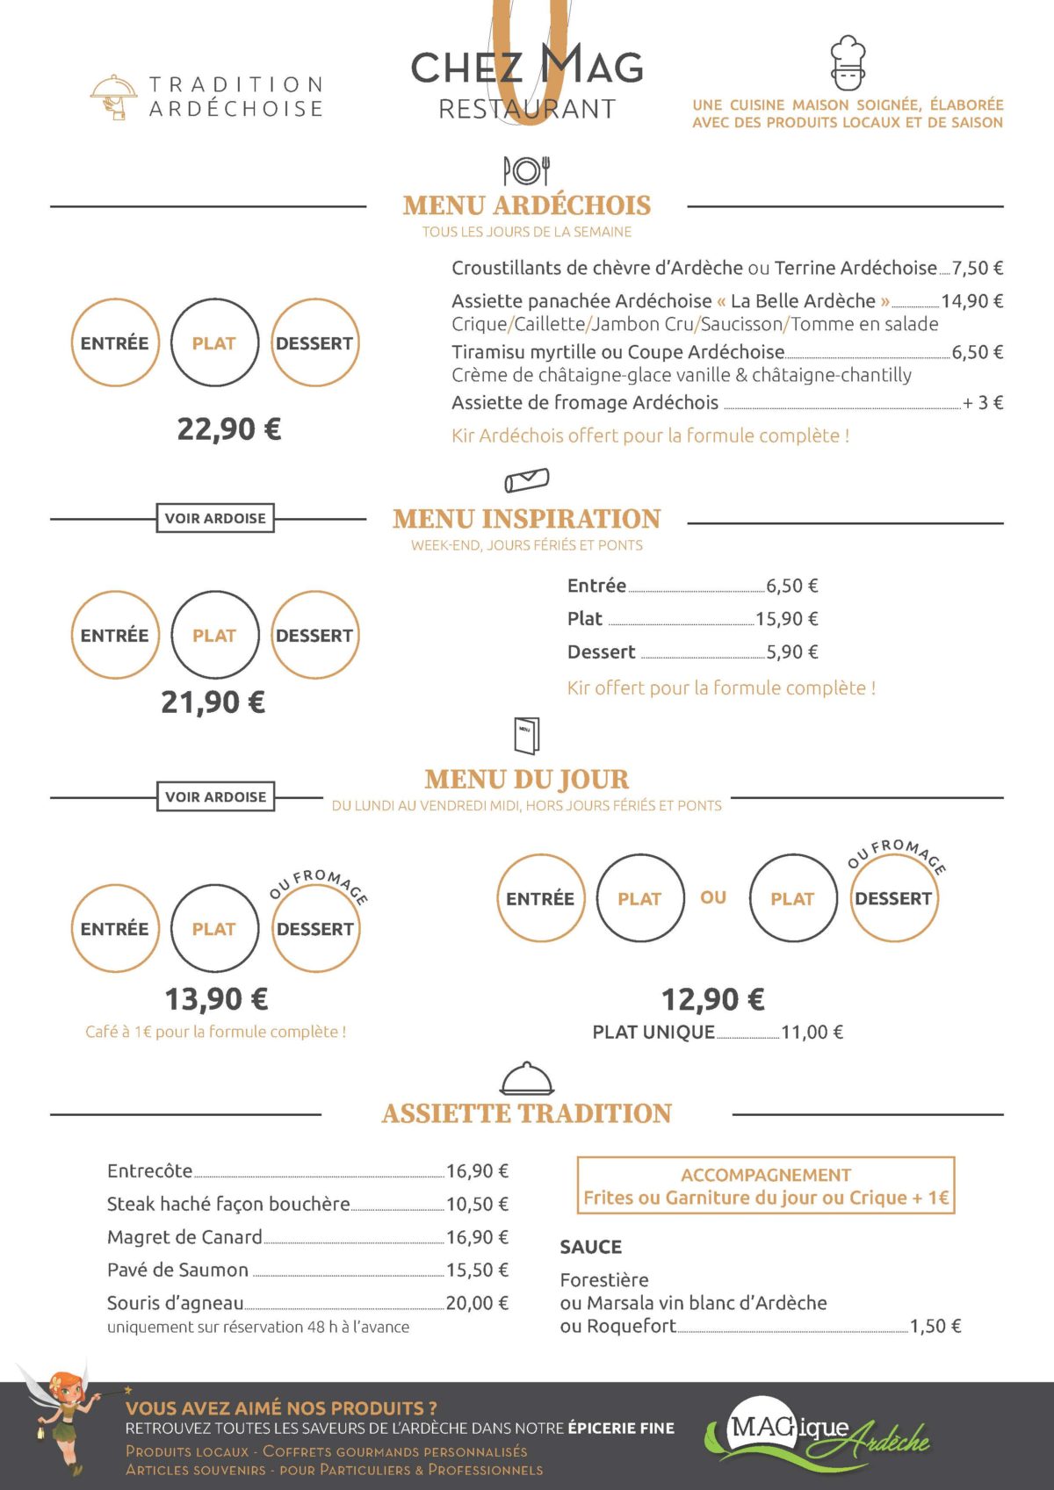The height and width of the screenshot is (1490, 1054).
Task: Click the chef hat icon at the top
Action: point(848,62)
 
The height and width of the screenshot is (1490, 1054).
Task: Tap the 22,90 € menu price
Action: point(229,429)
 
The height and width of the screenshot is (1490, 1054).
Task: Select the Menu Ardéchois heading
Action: point(527,205)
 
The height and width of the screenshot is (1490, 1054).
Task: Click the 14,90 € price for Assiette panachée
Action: point(971,301)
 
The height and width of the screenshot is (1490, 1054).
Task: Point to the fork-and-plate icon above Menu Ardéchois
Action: point(526,170)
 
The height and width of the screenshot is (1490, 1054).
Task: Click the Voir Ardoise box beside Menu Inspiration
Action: point(215,518)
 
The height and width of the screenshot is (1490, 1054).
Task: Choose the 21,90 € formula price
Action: point(213,702)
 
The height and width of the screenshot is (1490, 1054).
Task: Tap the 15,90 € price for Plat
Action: point(786,619)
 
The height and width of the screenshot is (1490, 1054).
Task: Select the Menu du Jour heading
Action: point(526,780)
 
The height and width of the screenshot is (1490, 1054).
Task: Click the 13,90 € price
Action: point(217,999)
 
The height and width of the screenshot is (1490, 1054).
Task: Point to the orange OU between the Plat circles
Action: point(713,897)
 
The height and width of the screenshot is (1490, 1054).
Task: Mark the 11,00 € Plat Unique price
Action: point(812,1033)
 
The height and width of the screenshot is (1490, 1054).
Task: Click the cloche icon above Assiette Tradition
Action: point(526,1078)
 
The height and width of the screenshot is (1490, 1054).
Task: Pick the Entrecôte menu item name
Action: point(149,1171)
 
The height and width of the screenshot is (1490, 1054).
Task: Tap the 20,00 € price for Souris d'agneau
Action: point(477,1303)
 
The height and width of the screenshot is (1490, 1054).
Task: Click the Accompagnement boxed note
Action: point(765,1186)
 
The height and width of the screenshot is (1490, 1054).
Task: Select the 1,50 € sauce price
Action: point(935,1327)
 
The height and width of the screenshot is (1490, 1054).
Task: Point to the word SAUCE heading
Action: point(590,1247)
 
